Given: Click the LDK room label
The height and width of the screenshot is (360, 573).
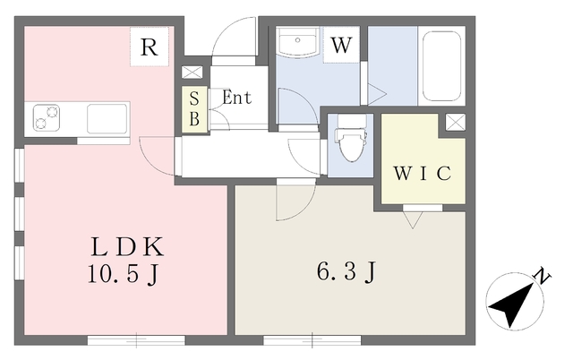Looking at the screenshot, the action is click(127, 246).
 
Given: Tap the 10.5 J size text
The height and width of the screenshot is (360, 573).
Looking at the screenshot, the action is click(124, 274).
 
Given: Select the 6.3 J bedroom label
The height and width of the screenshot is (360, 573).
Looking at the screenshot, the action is click(346, 271).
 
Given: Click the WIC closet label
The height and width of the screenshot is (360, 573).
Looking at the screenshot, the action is click(422, 173).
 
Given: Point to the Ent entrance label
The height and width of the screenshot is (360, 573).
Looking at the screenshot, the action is click(236, 98).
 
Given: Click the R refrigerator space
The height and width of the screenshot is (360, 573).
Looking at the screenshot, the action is click(150, 47).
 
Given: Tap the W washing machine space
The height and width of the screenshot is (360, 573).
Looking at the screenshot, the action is click(341, 45).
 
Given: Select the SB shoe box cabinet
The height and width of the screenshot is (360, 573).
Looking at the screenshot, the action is click(195, 109).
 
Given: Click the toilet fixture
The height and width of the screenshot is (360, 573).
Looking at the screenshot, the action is click(350, 138).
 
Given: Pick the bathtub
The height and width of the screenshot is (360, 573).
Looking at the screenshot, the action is click(441, 65).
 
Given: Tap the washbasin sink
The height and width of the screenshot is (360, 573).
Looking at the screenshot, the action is click(298, 41).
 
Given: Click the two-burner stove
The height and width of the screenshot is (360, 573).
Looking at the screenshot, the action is click(47, 117).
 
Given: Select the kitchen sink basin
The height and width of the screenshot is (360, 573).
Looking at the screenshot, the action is click(107, 118).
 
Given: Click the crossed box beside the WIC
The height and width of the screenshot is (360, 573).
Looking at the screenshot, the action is click(456, 122).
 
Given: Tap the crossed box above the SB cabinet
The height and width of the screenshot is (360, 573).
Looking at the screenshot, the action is click(192, 72).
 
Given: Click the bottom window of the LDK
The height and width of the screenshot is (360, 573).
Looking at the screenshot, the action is click(136, 340).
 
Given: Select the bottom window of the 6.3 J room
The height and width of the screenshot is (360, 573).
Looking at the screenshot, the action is click(312, 340).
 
